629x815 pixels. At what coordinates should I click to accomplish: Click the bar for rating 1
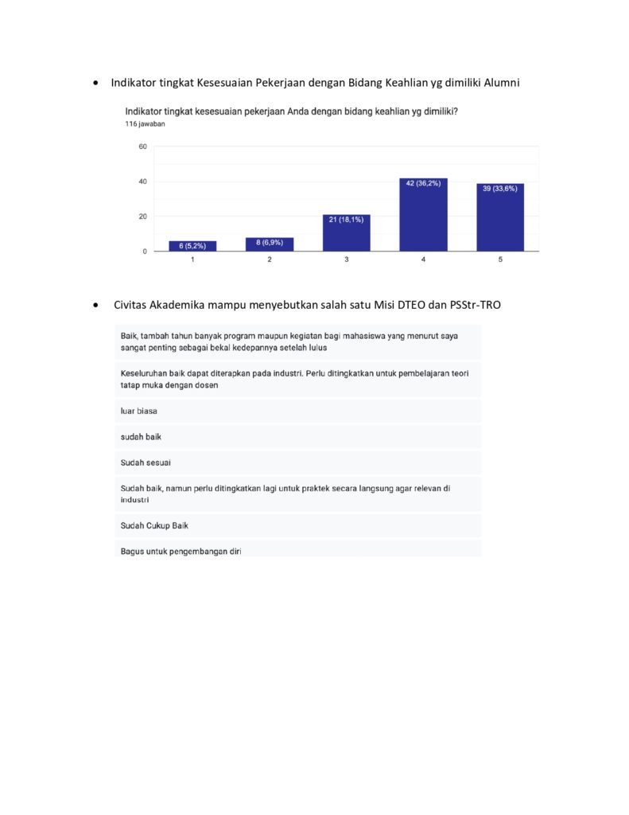point(192,246)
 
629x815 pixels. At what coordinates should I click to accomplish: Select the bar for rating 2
point(270,244)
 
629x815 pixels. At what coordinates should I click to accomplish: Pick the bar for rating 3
point(347,233)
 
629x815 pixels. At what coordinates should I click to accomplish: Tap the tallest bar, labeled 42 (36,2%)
point(423,215)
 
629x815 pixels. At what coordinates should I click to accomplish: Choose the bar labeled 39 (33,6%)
point(500,217)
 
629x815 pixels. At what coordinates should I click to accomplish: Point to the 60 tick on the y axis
point(142,146)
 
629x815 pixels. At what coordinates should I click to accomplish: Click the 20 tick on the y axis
point(142,216)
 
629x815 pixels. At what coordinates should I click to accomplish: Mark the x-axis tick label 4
point(423,260)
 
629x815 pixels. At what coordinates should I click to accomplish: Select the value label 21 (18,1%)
point(347,220)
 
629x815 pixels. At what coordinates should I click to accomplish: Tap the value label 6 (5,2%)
point(192,246)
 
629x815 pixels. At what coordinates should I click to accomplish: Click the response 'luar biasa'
point(138,411)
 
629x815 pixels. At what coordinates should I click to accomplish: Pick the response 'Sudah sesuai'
point(146,462)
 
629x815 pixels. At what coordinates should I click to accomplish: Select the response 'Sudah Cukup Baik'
point(154,525)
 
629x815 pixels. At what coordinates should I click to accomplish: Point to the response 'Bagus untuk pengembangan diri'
point(181,551)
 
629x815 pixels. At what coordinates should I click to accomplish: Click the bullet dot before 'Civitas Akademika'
point(96,305)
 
